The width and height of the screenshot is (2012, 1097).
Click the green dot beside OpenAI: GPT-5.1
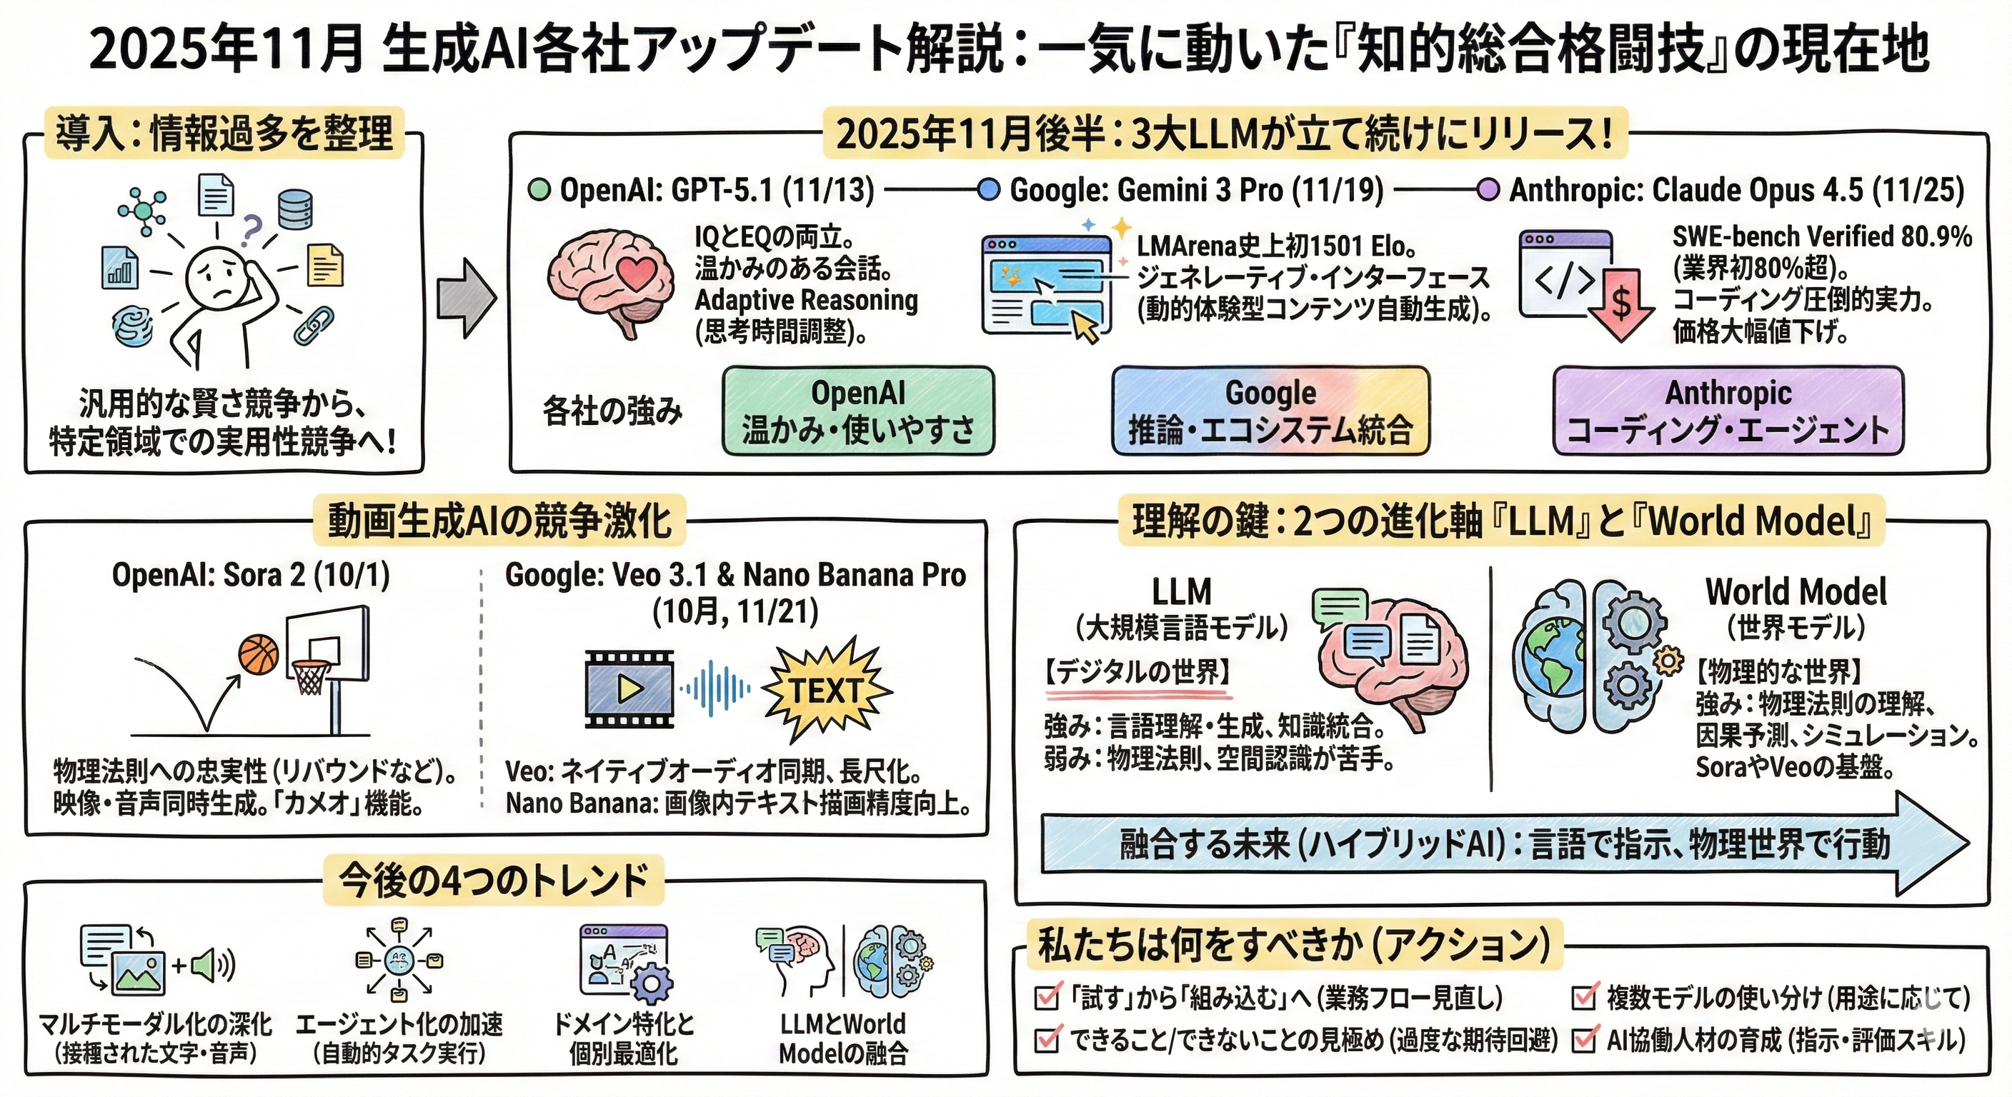(539, 191)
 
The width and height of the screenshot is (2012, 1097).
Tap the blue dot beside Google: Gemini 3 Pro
(988, 191)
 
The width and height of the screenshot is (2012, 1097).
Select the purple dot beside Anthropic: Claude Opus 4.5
(1487, 191)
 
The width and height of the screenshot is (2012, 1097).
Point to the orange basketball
(259, 654)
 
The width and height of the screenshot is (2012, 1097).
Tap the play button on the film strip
(629, 688)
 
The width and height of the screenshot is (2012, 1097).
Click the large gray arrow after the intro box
(466, 299)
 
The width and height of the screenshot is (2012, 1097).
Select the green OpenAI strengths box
(857, 411)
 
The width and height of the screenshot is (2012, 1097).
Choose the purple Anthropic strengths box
(1728, 411)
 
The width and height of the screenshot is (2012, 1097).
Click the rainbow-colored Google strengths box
(1270, 411)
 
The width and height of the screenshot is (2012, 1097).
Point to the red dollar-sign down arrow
(1621, 305)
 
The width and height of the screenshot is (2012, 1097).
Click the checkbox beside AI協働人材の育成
(1584, 1040)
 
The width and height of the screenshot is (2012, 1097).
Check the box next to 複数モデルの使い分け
(1584, 997)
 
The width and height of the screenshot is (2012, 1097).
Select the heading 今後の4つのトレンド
(494, 880)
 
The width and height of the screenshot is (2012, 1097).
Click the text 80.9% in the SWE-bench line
(1936, 236)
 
